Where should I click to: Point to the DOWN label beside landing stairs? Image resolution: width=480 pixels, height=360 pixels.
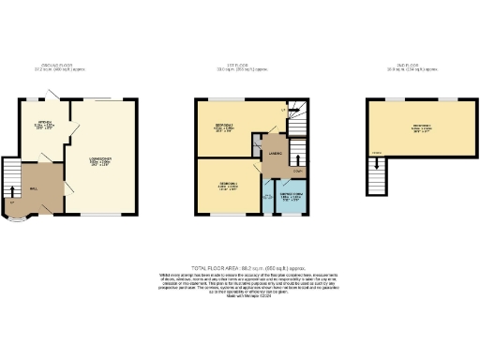(298, 171)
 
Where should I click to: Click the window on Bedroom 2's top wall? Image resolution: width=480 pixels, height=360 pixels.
(222, 97)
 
